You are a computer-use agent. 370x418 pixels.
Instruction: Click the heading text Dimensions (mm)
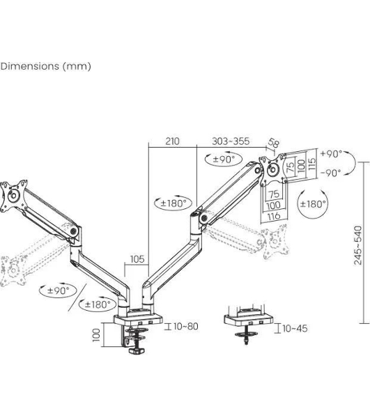pyautogui.click(x=45, y=66)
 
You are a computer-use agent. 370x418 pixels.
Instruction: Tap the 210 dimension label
pyautogui.click(x=172, y=141)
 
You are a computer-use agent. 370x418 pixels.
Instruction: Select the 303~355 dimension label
pyautogui.click(x=231, y=141)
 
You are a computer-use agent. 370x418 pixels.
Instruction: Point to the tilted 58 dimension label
pyautogui.click(x=274, y=143)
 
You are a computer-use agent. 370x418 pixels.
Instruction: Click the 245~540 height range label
pyautogui.click(x=358, y=245)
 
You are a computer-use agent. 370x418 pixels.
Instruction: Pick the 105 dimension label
pyautogui.click(x=137, y=259)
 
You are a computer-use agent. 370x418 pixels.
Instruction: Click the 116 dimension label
pyautogui.click(x=274, y=216)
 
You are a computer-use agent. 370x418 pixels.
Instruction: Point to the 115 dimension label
pyautogui.click(x=311, y=164)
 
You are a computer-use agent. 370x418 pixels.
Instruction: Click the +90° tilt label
pyautogui.click(x=331, y=153)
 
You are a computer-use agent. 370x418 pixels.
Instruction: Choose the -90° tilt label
pyautogui.click(x=331, y=173)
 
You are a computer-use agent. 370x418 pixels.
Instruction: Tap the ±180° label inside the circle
pyautogui.click(x=313, y=204)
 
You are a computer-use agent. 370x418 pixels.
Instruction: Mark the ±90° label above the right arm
pyautogui.click(x=224, y=159)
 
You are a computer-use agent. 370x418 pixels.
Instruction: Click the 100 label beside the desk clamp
pyautogui.click(x=96, y=335)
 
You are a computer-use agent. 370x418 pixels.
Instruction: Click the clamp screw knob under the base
pyautogui.click(x=137, y=350)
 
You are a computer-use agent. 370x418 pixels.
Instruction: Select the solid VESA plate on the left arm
pyautogui.click(x=14, y=196)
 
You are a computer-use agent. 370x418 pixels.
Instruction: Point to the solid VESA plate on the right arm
pyautogui.click(x=273, y=169)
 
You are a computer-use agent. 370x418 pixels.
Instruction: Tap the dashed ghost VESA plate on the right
pyautogui.click(x=275, y=242)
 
